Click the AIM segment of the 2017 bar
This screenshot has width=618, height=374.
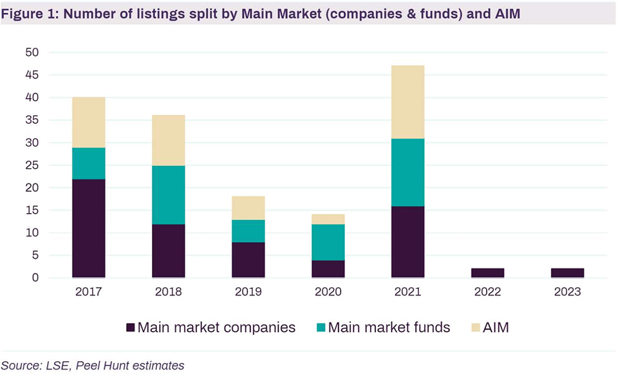88,122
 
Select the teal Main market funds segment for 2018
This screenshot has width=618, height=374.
168,195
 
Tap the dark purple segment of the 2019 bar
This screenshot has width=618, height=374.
248,260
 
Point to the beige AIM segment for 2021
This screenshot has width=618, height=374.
407,102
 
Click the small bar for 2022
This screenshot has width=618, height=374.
487,273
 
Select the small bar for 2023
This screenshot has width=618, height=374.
567,273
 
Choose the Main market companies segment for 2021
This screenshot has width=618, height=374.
407,242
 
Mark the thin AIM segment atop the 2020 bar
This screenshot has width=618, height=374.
328,219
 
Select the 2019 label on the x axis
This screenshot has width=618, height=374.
248,292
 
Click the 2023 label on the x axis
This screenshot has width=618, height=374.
567,292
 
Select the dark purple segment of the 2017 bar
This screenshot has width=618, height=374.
88,229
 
